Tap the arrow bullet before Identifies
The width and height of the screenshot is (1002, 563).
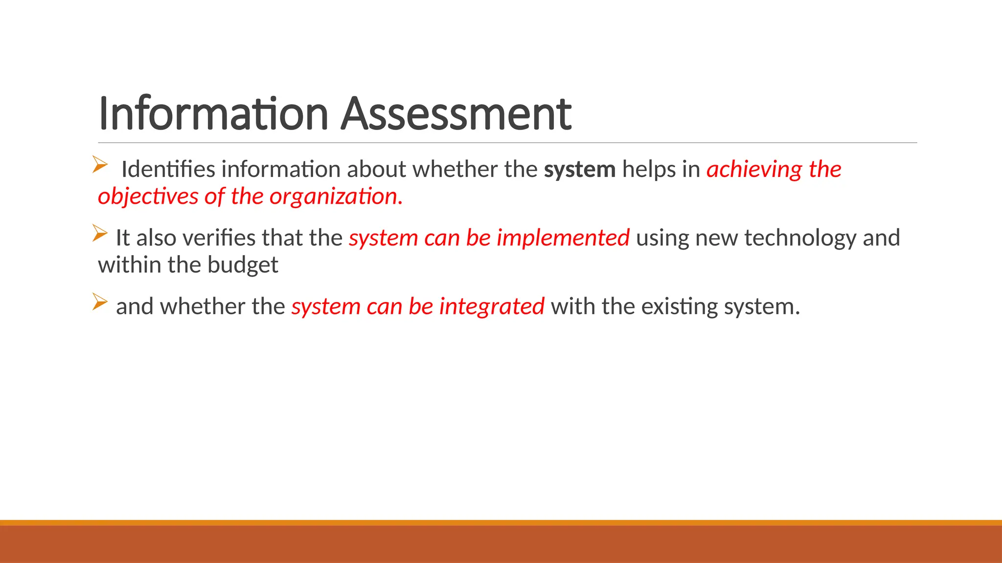[x=100, y=164]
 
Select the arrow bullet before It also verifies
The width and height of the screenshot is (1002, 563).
[x=100, y=233]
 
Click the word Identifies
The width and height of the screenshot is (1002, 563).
[x=168, y=170]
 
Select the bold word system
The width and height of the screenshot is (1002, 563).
[x=580, y=170]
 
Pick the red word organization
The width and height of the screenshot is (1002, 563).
[x=336, y=196]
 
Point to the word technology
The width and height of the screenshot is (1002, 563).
[x=800, y=238]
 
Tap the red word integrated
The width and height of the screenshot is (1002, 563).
[x=492, y=307]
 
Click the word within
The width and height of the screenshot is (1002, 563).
[x=129, y=265]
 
